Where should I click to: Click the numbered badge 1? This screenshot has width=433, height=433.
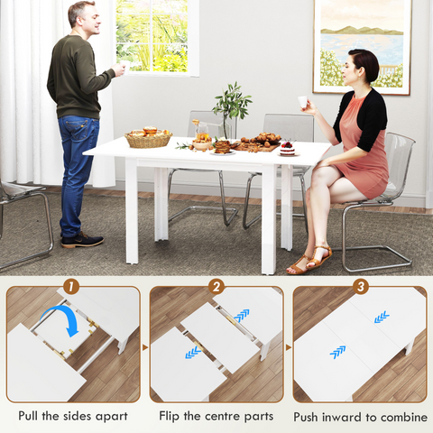point(71,288)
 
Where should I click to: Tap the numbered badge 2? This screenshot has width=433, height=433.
point(216,288)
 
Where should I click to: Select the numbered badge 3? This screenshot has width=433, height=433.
point(360,288)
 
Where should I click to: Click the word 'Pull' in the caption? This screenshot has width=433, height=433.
point(33,416)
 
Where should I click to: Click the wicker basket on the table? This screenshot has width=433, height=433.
point(148,138)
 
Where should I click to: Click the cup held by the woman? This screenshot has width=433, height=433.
point(302,101)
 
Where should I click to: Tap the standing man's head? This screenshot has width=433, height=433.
point(80,15)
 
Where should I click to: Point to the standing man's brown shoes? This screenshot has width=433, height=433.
point(82,240)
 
